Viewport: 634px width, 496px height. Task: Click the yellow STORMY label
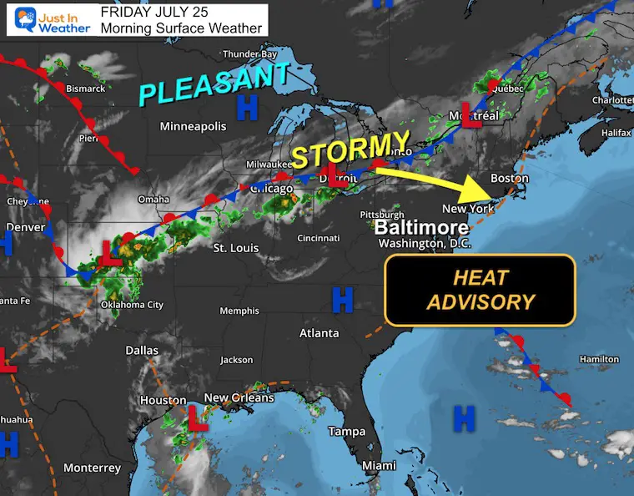pos(351,149)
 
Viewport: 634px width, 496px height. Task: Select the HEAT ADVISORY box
pos(480,290)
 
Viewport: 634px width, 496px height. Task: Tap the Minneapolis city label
pos(194,127)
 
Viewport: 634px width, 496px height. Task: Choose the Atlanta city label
pos(320,333)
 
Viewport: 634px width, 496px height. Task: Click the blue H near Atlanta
pos(342,300)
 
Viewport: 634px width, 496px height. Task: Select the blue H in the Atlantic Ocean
pos(464,416)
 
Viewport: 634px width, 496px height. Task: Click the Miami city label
pos(380,465)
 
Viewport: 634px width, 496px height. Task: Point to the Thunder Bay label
pos(249,54)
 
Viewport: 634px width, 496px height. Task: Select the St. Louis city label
pos(236,248)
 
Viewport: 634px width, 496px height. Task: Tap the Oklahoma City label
pos(132,305)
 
